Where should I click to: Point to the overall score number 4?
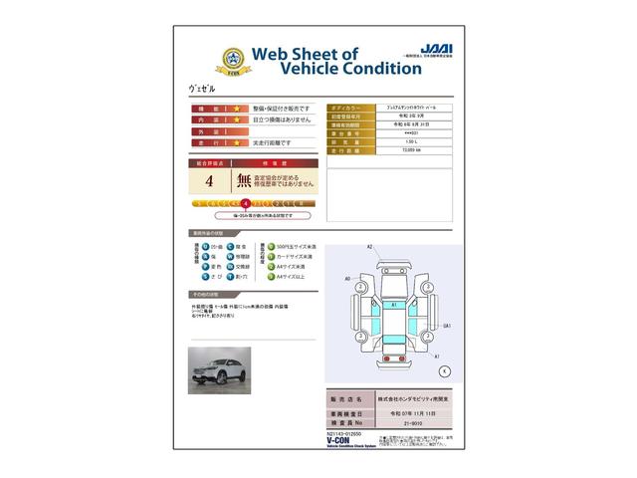pyautogui.click(x=208, y=181)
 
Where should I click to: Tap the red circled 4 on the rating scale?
pyautogui.click(x=245, y=202)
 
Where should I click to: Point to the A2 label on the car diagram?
pyautogui.click(x=369, y=245)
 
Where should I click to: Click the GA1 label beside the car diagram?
pyautogui.click(x=448, y=326)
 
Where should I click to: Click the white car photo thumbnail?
pyautogui.click(x=220, y=370)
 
